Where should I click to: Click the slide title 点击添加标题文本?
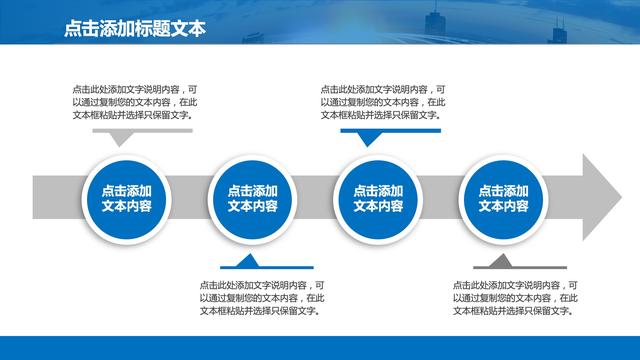click(132, 29)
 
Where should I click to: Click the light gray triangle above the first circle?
click(121, 138)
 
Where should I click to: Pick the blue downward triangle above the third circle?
click(369, 138)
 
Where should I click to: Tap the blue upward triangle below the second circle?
click(245, 261)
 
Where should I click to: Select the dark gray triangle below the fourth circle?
click(493, 261)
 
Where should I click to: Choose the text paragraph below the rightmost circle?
click(511, 297)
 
